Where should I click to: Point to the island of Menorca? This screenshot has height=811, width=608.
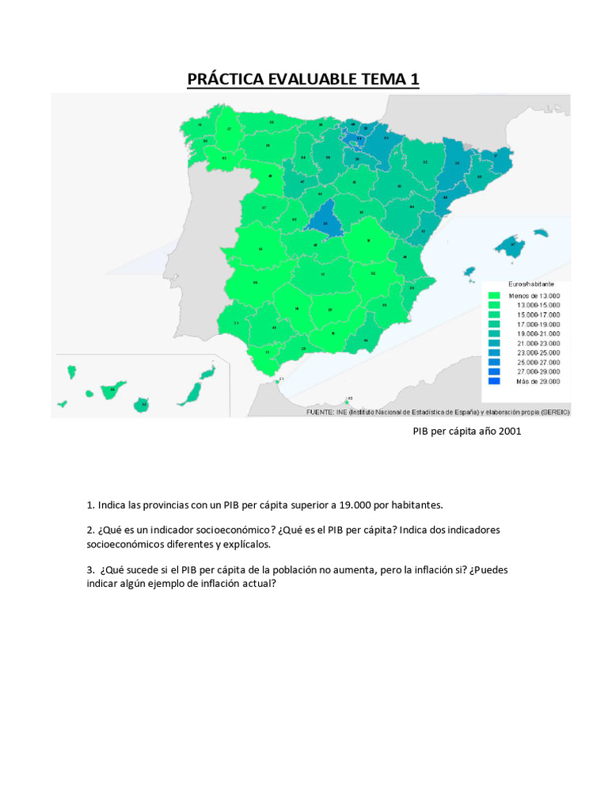[541, 233]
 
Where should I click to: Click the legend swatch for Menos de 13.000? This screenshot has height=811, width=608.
[495, 295]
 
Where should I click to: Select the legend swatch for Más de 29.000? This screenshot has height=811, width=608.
[495, 381]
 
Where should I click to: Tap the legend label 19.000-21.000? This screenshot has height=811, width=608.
[538, 333]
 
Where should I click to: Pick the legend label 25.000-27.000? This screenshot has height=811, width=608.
[538, 362]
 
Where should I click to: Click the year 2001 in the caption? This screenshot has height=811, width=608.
[509, 432]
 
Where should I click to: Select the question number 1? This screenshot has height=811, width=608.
[90, 504]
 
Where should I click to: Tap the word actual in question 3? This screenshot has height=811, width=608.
[256, 584]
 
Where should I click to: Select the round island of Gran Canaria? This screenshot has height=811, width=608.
[142, 403]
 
